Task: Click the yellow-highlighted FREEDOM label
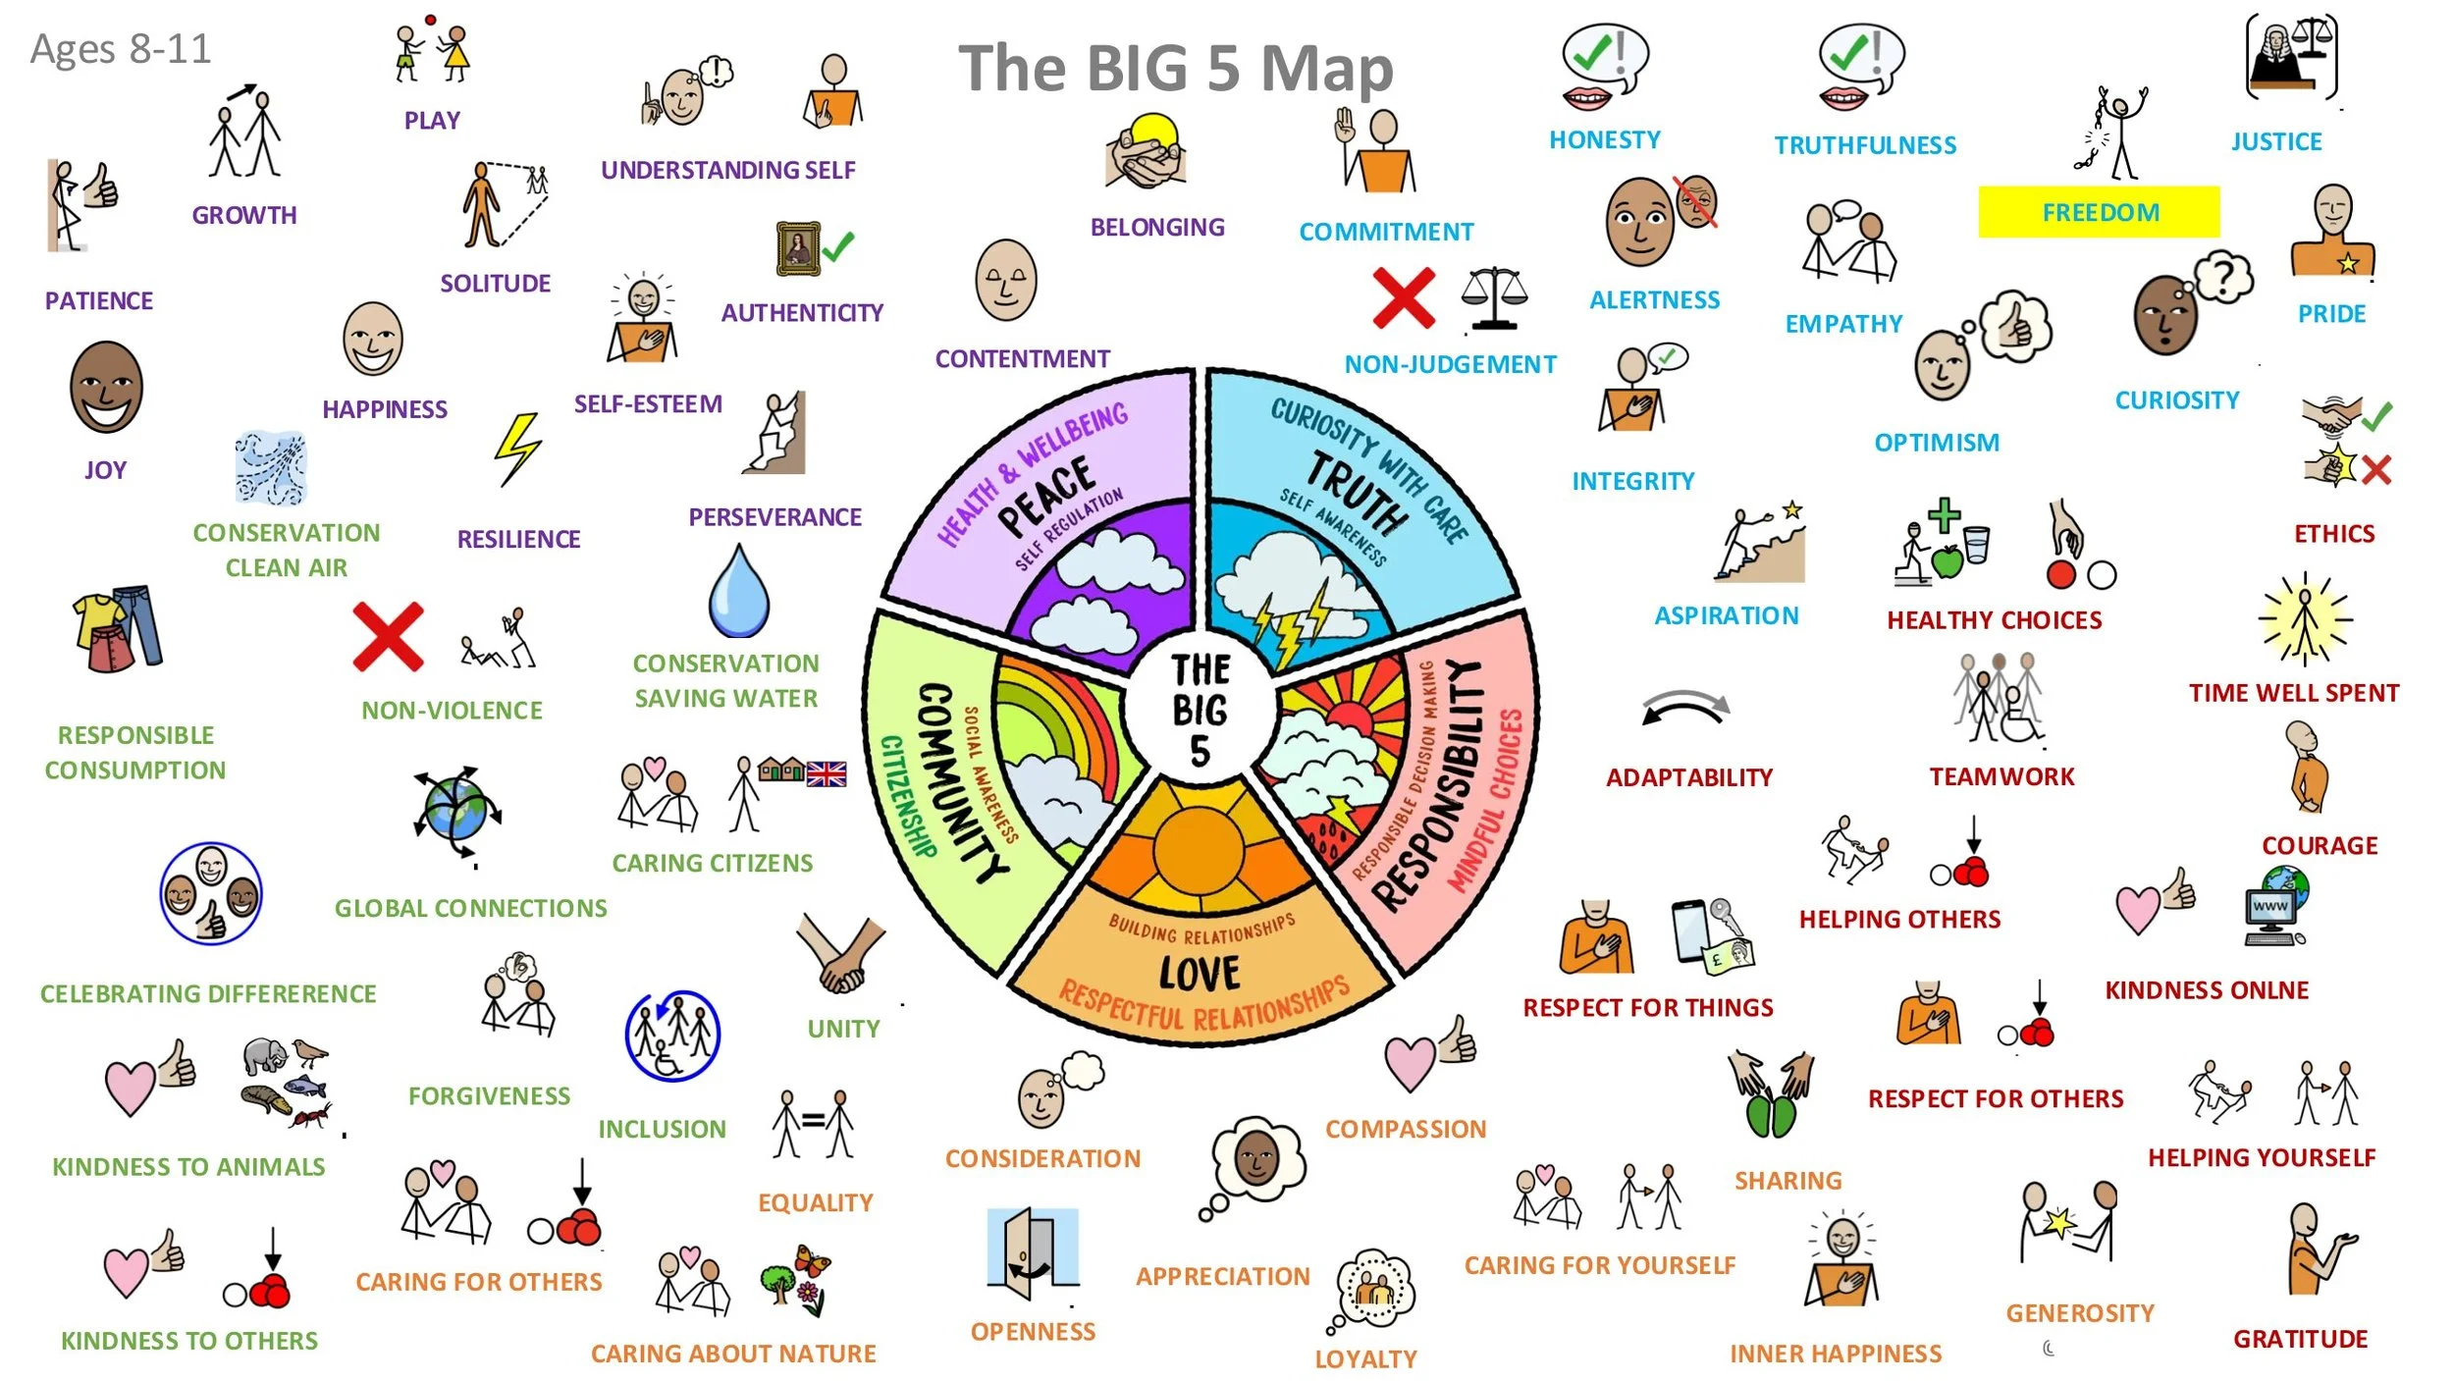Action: [x=2100, y=212]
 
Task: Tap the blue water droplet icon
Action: [x=738, y=592]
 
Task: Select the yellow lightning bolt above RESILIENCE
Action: [x=516, y=450]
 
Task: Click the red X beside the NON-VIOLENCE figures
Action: [x=388, y=636]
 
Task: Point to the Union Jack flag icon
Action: [x=827, y=774]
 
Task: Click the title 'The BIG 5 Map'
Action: [x=1175, y=69]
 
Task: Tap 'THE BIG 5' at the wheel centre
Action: [x=1200, y=710]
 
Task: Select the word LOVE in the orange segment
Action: [x=1200, y=974]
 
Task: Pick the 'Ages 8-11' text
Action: [x=121, y=49]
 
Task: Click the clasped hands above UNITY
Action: [x=840, y=953]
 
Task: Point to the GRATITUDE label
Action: [x=2300, y=1339]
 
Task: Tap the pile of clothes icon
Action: [x=119, y=628]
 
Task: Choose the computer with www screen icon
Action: [x=2275, y=906]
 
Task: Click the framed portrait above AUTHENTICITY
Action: [x=798, y=248]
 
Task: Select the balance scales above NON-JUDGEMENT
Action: [x=1494, y=297]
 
